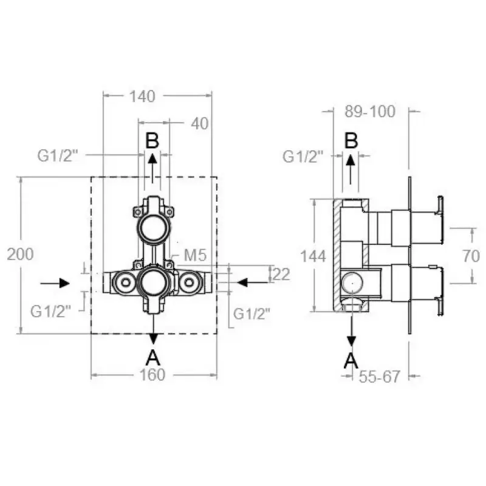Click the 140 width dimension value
click(142, 97)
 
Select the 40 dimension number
click(199, 124)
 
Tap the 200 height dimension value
click(20, 254)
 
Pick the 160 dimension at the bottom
click(152, 375)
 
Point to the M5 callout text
click(195, 255)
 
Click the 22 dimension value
click(281, 275)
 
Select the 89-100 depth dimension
click(370, 111)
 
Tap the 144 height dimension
click(313, 256)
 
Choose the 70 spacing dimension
click(471, 256)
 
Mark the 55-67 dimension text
click(380, 377)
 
